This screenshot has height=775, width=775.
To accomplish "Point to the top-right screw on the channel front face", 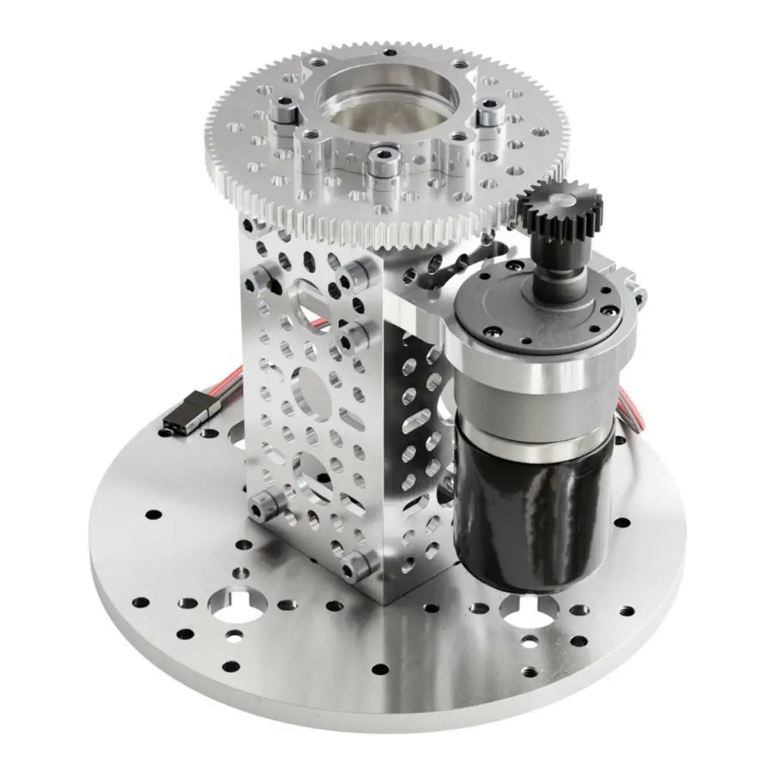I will point(356,272).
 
